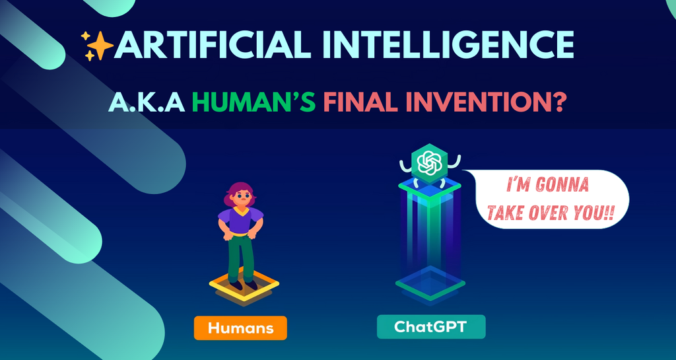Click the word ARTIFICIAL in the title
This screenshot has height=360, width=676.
tap(201, 45)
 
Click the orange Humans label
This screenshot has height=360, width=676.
tap(240, 328)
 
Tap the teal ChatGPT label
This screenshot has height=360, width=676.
tap(430, 326)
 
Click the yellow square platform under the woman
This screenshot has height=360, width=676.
tap(244, 289)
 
